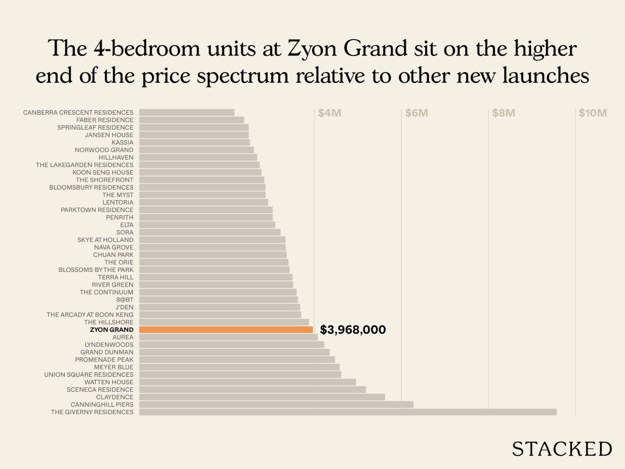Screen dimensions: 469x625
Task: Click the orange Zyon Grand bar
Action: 226,329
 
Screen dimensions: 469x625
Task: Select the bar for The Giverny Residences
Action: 348,412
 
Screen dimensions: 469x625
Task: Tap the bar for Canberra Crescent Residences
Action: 187,113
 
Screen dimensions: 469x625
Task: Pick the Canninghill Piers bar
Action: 276,405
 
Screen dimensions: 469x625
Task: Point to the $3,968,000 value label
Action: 353,329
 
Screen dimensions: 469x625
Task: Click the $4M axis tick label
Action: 329,113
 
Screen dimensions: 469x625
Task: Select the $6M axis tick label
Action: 416,113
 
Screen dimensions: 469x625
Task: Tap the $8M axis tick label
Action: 504,113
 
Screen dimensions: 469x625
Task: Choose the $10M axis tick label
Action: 593,113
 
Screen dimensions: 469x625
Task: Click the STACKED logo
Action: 562,449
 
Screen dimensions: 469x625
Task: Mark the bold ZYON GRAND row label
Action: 112,329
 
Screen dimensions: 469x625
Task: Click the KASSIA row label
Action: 122,142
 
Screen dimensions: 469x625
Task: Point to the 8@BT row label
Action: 125,299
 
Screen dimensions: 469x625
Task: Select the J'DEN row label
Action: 124,307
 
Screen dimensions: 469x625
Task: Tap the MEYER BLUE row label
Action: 114,367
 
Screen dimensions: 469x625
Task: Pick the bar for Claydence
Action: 262,397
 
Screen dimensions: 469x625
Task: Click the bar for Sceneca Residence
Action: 252,390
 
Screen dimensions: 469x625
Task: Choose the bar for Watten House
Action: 247,382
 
